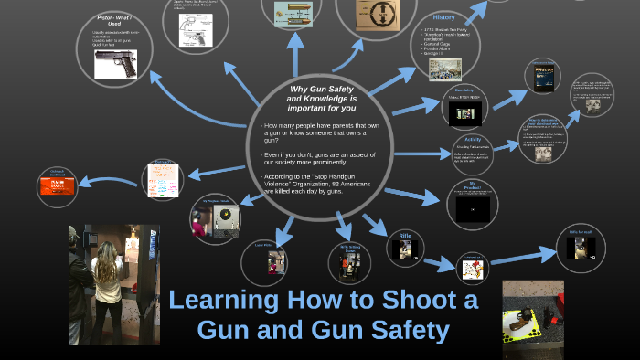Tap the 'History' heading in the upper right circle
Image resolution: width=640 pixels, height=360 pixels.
[x=445, y=18]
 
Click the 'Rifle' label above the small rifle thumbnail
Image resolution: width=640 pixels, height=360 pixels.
[x=404, y=236]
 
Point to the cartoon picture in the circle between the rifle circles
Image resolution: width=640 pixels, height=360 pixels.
[x=473, y=268]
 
